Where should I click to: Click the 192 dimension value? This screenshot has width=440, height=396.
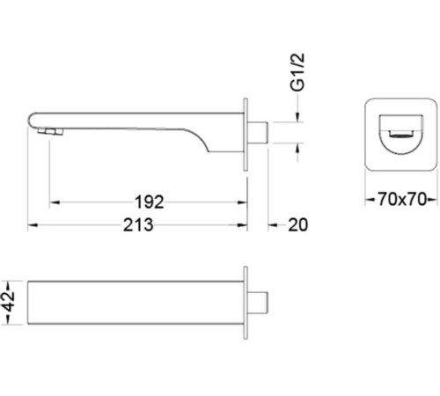(149, 202)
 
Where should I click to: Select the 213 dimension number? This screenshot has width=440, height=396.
(138, 225)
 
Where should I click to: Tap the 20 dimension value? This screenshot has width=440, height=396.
(297, 225)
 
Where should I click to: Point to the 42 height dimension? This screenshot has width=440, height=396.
(10, 303)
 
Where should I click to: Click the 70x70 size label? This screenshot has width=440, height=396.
(401, 200)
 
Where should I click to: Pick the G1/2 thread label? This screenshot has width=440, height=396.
(297, 72)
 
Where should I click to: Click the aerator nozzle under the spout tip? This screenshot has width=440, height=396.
(50, 132)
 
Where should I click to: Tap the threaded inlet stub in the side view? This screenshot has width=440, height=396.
(258, 133)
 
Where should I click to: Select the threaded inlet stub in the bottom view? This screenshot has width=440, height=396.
(258, 303)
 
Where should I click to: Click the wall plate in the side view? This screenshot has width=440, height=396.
(246, 135)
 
